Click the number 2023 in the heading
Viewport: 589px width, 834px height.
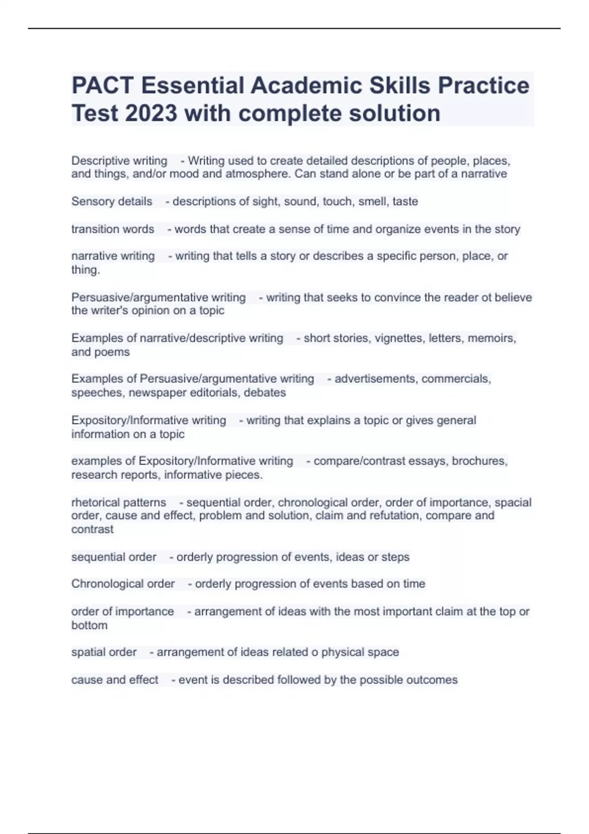click(x=151, y=113)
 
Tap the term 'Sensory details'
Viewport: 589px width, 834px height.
click(x=112, y=201)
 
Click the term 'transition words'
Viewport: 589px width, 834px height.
click(x=113, y=229)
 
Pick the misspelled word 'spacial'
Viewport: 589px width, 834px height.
click(x=513, y=502)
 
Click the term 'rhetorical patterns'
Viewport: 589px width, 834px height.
click(x=119, y=502)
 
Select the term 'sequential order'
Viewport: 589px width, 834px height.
click(x=114, y=557)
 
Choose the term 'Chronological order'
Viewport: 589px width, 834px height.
click(x=123, y=584)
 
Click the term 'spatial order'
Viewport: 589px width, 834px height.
click(x=104, y=652)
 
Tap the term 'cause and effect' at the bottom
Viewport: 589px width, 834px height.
click(x=115, y=680)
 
